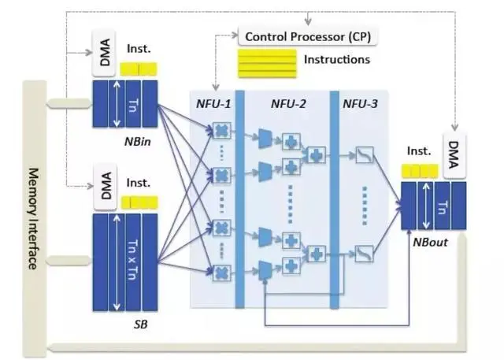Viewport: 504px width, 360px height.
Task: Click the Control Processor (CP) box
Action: point(308,37)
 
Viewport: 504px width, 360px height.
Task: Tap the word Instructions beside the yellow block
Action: point(337,59)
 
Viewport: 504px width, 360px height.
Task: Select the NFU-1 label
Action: point(213,104)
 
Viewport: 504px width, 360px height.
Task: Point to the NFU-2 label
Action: point(288,104)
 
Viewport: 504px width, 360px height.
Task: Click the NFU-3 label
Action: point(360,104)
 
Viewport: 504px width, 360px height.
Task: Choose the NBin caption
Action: point(138,142)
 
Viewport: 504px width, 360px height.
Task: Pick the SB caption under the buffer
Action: point(140,325)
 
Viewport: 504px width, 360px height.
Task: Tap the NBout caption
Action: point(430,242)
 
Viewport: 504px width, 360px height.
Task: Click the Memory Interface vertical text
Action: point(33,218)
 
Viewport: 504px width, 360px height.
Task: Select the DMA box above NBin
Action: point(104,53)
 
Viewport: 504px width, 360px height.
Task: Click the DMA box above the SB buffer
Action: point(105,187)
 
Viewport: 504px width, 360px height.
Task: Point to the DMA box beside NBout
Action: point(454,155)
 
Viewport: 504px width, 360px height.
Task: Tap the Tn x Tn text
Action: point(133,260)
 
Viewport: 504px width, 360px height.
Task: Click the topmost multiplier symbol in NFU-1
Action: point(222,131)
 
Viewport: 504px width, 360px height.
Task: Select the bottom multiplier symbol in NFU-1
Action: point(222,273)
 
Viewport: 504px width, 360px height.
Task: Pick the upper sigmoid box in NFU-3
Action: point(365,155)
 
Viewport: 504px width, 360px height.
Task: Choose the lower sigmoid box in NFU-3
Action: point(364,254)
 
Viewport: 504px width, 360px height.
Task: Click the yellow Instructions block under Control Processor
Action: point(267,63)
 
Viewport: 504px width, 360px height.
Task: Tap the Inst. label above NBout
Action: point(419,150)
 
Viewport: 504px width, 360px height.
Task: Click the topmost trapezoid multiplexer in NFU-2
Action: point(265,139)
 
